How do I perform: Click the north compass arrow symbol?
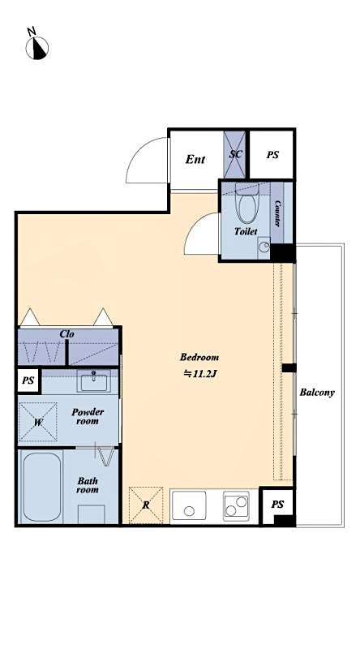pyautogui.click(x=38, y=46)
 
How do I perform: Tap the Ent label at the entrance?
pyautogui.click(x=195, y=159)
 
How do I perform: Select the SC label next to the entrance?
pyautogui.click(x=236, y=153)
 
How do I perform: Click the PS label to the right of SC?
pyautogui.click(x=272, y=153)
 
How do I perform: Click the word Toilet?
pyautogui.click(x=246, y=231)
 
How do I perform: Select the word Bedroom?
pyautogui.click(x=199, y=357)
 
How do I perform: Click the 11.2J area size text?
pyautogui.click(x=199, y=374)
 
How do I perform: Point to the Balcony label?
pyautogui.click(x=317, y=393)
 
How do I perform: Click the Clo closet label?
pyautogui.click(x=68, y=334)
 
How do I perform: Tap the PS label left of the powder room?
pyautogui.click(x=28, y=380)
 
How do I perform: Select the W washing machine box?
pyautogui.click(x=37, y=422)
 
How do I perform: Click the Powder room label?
pyautogui.click(x=87, y=416)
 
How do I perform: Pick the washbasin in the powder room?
pyautogui.click(x=96, y=379)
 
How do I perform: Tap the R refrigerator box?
pyautogui.click(x=145, y=505)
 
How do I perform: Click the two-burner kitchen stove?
pyautogui.click(x=237, y=507)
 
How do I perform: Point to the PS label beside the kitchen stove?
pyautogui.click(x=277, y=505)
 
